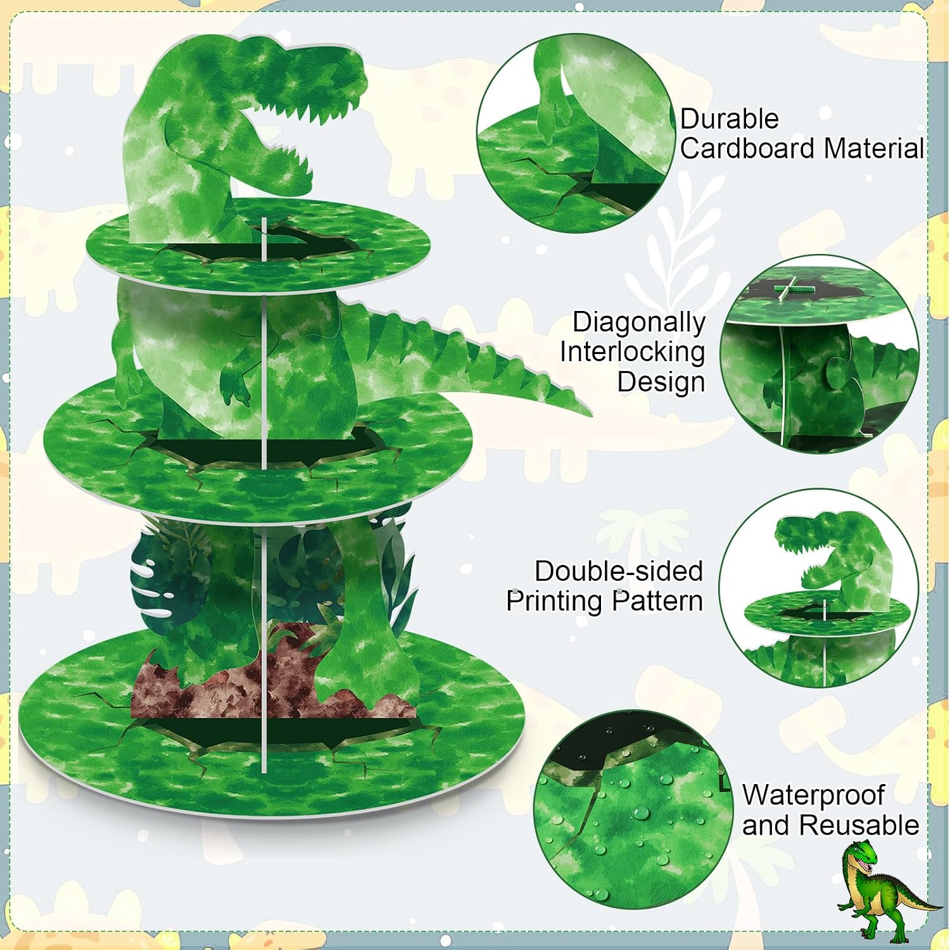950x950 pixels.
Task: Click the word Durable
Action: click(x=729, y=119)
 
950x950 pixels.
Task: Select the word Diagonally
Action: click(x=638, y=323)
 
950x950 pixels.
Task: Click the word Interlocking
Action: click(x=632, y=352)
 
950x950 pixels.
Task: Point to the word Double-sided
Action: click(x=619, y=571)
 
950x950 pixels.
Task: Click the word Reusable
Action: click(x=858, y=825)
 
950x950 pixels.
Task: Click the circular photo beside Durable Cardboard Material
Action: click(x=576, y=132)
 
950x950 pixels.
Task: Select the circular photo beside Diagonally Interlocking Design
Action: click(x=820, y=355)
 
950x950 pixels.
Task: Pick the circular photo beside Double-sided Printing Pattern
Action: click(x=818, y=588)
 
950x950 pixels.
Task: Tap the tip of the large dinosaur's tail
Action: click(x=590, y=413)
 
